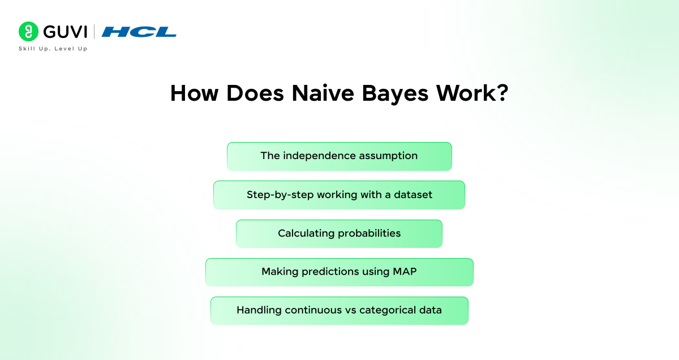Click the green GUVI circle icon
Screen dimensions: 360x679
[x=28, y=31]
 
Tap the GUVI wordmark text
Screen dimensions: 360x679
[x=65, y=32]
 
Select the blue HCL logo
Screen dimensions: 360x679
[x=139, y=32]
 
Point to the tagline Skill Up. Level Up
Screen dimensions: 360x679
[x=53, y=49]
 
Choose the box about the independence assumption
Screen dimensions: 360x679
[x=339, y=156]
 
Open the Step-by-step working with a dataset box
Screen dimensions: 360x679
[x=339, y=195]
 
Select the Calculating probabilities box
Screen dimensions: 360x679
[x=339, y=234]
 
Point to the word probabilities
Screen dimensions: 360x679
[x=369, y=234]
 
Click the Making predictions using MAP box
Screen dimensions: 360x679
[x=339, y=272]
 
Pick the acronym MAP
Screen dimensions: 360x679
[x=405, y=272]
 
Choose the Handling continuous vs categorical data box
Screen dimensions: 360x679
[x=339, y=311]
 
